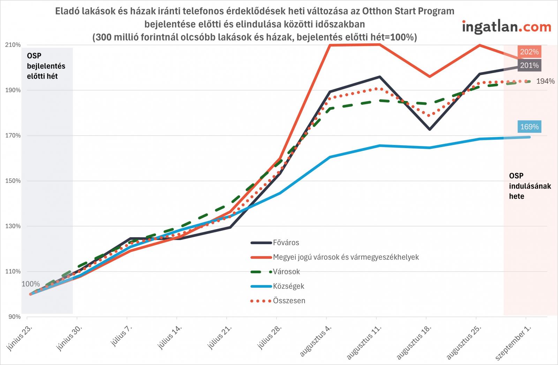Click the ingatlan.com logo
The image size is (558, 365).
pos(506,27)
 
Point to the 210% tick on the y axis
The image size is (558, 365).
pos(13,45)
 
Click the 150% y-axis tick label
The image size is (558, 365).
pos(13,181)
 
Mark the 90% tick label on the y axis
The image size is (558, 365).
pos(14,317)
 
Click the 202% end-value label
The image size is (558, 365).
pos(529,52)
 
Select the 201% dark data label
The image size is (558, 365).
pos(529,65)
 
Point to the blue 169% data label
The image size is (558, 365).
pos(529,127)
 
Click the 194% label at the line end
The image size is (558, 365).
pos(545,81)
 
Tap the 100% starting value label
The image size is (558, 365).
pos(31,284)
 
